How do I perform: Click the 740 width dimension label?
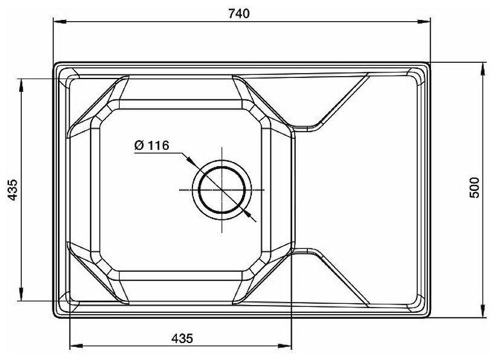238,13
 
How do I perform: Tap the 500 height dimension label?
474,188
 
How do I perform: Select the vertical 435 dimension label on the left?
13,190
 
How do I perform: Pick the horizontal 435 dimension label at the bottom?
182,338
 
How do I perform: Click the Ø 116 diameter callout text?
152,145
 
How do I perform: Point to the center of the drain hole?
222,190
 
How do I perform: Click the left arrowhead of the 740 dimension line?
60,22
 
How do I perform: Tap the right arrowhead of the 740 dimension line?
424,22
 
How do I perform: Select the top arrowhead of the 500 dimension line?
484,69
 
